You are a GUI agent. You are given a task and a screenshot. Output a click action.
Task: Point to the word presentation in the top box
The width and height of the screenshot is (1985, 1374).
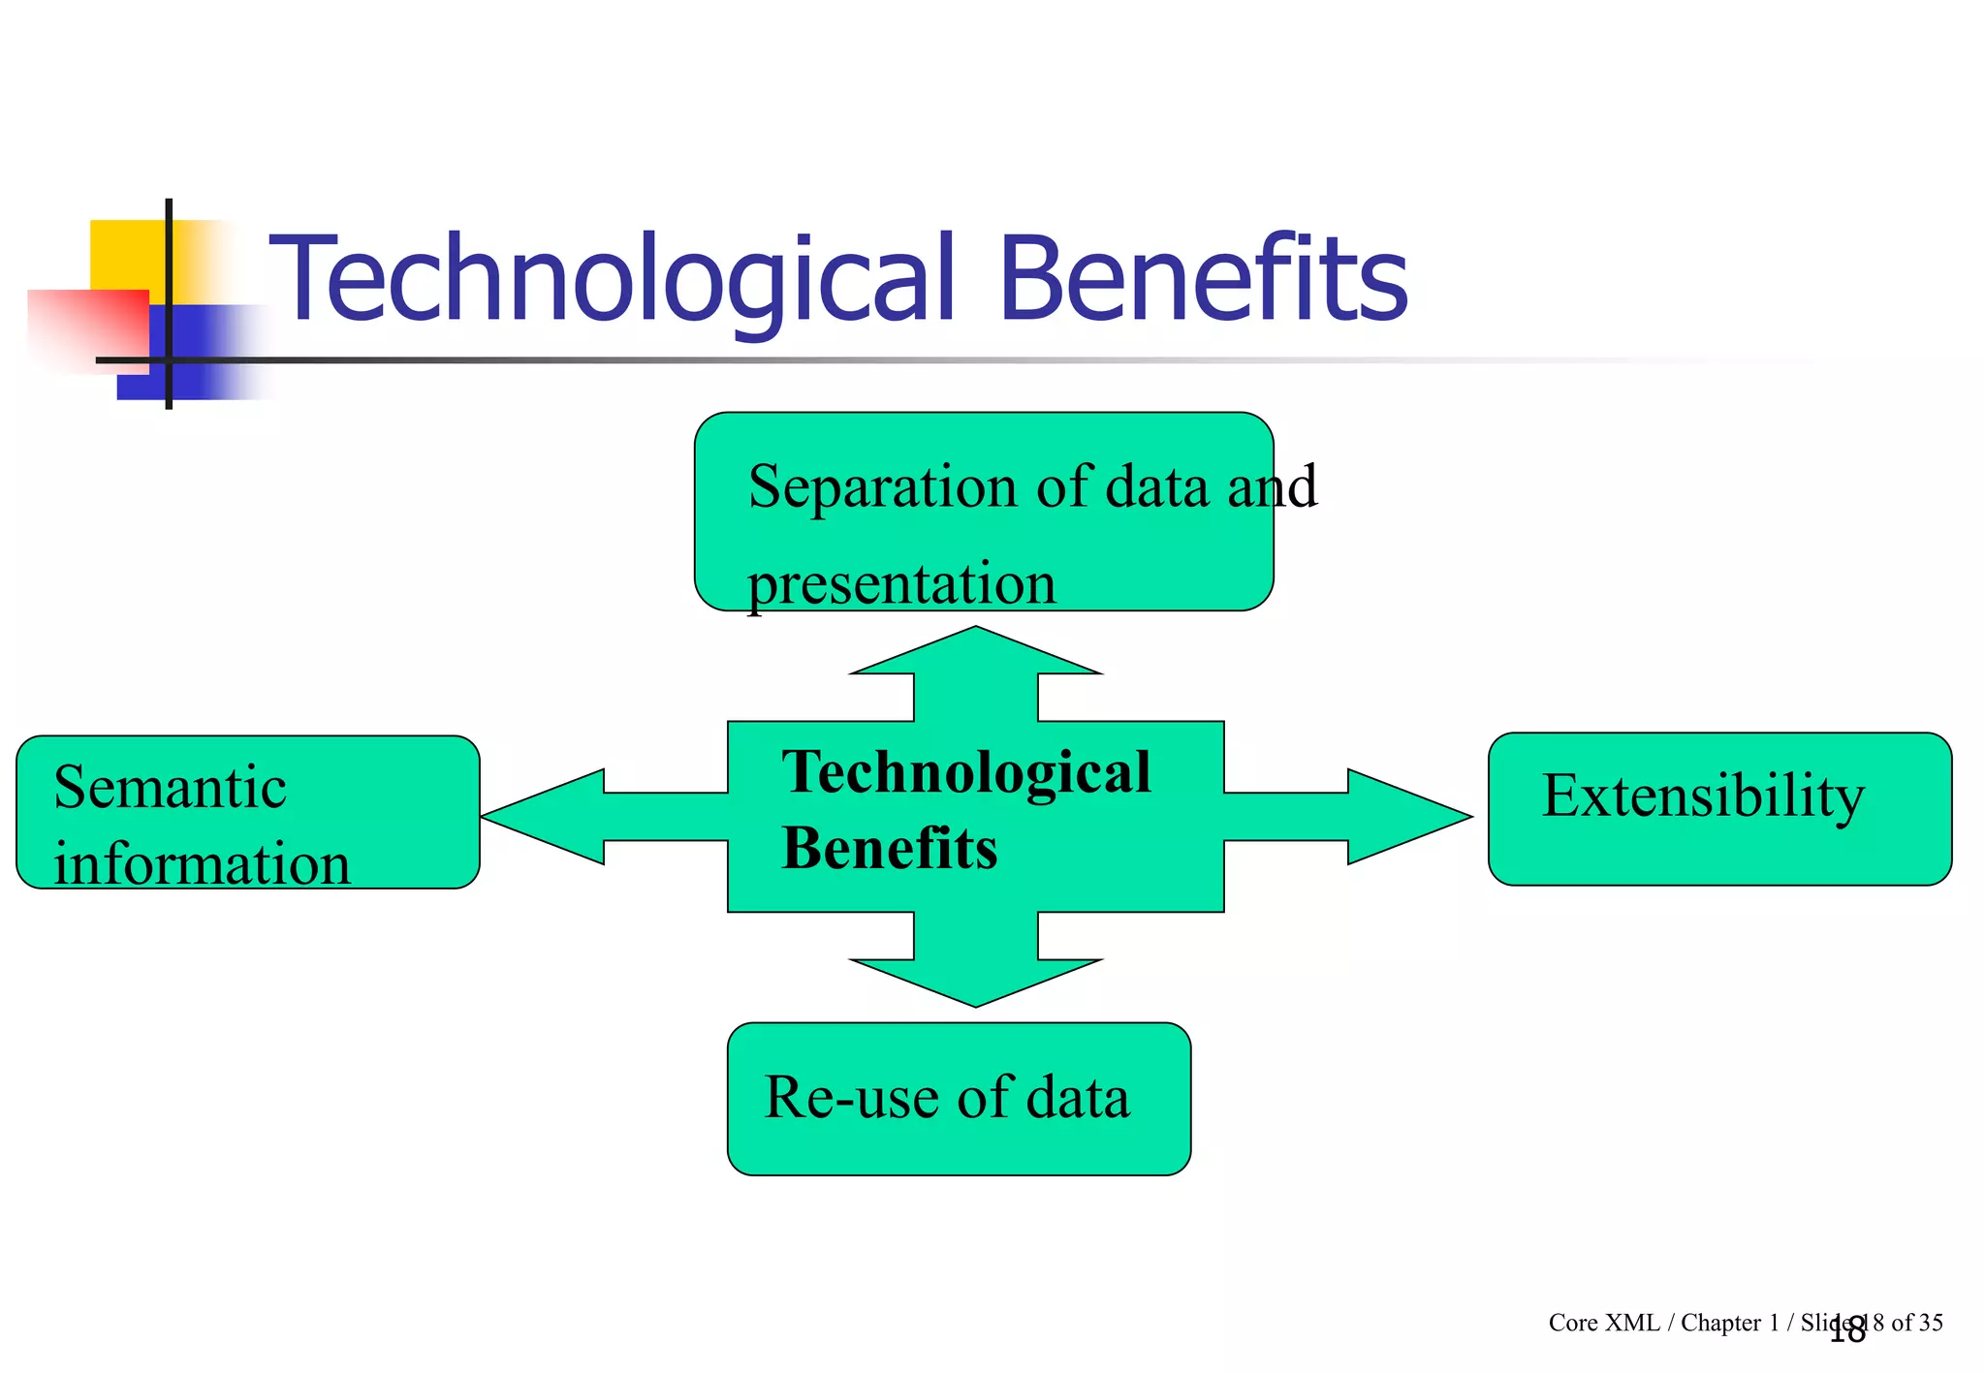901,584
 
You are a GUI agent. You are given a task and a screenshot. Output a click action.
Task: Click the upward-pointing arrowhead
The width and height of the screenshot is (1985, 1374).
976,652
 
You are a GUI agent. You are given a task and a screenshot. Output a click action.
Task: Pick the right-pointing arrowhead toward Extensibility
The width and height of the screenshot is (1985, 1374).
1405,817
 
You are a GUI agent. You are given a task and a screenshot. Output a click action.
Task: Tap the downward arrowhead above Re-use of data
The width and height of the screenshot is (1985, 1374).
976,981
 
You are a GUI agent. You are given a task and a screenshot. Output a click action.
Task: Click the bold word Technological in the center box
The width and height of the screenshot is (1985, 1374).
966,772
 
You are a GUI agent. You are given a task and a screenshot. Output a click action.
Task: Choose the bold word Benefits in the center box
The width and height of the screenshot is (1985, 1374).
889,849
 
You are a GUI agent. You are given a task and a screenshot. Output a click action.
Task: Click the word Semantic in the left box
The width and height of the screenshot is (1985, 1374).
170,787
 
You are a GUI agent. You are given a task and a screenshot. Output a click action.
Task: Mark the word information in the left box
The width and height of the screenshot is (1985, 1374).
202,863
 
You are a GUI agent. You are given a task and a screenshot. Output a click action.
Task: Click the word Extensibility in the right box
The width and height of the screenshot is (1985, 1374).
1703,796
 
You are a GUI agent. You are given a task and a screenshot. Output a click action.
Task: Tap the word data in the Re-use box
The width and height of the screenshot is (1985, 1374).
1078,1098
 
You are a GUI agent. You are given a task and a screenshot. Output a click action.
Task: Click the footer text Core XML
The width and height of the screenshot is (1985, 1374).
1603,1323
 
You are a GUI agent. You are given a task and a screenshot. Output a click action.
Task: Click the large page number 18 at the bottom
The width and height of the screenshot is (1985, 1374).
1847,1331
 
